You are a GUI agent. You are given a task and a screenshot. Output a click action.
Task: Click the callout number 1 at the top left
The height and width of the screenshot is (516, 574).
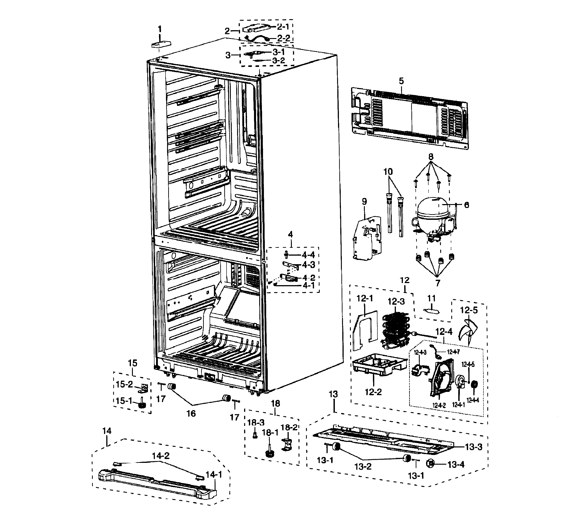[x=160, y=29]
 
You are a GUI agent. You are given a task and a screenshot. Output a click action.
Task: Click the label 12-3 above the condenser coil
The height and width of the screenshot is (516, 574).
[x=396, y=301]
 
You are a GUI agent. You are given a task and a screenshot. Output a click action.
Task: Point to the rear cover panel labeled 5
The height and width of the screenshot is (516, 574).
[x=408, y=119]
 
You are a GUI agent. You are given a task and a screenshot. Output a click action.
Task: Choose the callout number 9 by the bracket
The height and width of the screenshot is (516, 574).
[x=364, y=201]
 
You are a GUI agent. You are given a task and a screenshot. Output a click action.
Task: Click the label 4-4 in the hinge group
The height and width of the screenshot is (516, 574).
[x=308, y=255]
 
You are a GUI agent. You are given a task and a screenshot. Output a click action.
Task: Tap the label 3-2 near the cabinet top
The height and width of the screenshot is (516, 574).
[x=278, y=60]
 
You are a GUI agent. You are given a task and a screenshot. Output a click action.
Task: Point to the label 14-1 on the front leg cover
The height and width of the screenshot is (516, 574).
[x=214, y=475]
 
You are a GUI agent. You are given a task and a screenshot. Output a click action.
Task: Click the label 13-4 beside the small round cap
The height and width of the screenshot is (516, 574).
[x=456, y=464]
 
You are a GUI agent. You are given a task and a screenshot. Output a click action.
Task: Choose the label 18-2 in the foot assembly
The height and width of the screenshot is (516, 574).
[x=289, y=427]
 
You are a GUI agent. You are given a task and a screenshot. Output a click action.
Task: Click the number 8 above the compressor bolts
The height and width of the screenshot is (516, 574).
[x=431, y=157]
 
